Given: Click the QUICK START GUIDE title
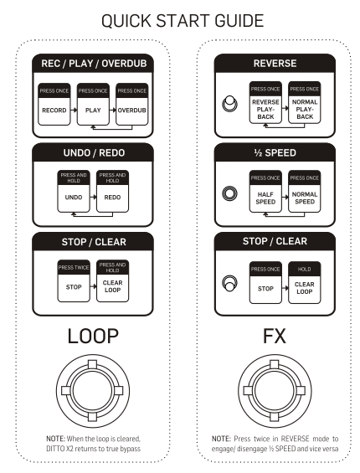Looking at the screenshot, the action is [x=183, y=21].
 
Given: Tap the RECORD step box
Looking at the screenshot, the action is [x=54, y=104].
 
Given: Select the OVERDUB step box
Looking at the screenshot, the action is [x=132, y=104].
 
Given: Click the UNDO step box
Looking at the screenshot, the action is [x=74, y=191].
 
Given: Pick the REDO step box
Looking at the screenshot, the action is [x=112, y=191].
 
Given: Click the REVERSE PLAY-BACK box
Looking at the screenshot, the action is [x=265, y=103].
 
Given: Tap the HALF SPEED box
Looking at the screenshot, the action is [x=265, y=191].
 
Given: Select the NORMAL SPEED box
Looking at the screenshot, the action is [x=305, y=191].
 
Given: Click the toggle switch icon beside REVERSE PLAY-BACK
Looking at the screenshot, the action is [x=229, y=104].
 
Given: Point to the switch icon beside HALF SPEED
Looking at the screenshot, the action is [x=229, y=193].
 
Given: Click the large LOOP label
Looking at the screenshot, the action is [x=93, y=336].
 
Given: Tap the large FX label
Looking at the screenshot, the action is [x=275, y=336].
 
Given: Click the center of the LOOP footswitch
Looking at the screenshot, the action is [x=93, y=391].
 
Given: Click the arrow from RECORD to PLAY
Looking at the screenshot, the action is [x=74, y=111].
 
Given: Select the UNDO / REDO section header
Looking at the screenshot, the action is [x=94, y=152].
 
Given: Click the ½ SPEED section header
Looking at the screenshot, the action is [x=275, y=152].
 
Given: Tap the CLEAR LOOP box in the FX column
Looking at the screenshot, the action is [x=305, y=283].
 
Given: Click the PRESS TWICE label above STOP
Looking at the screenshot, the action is [x=74, y=267].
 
